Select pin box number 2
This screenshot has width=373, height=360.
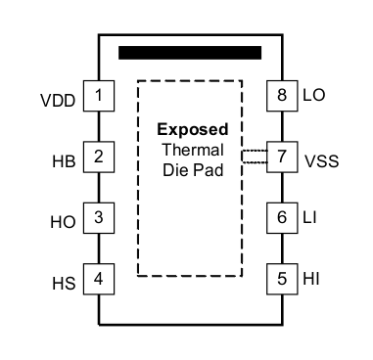(x=99, y=157)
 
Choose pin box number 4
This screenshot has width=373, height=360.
(x=99, y=278)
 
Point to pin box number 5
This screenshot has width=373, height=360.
(x=282, y=278)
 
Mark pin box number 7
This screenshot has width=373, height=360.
(x=282, y=157)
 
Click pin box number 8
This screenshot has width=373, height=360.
(x=282, y=96)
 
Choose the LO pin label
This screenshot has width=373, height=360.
(x=315, y=97)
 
